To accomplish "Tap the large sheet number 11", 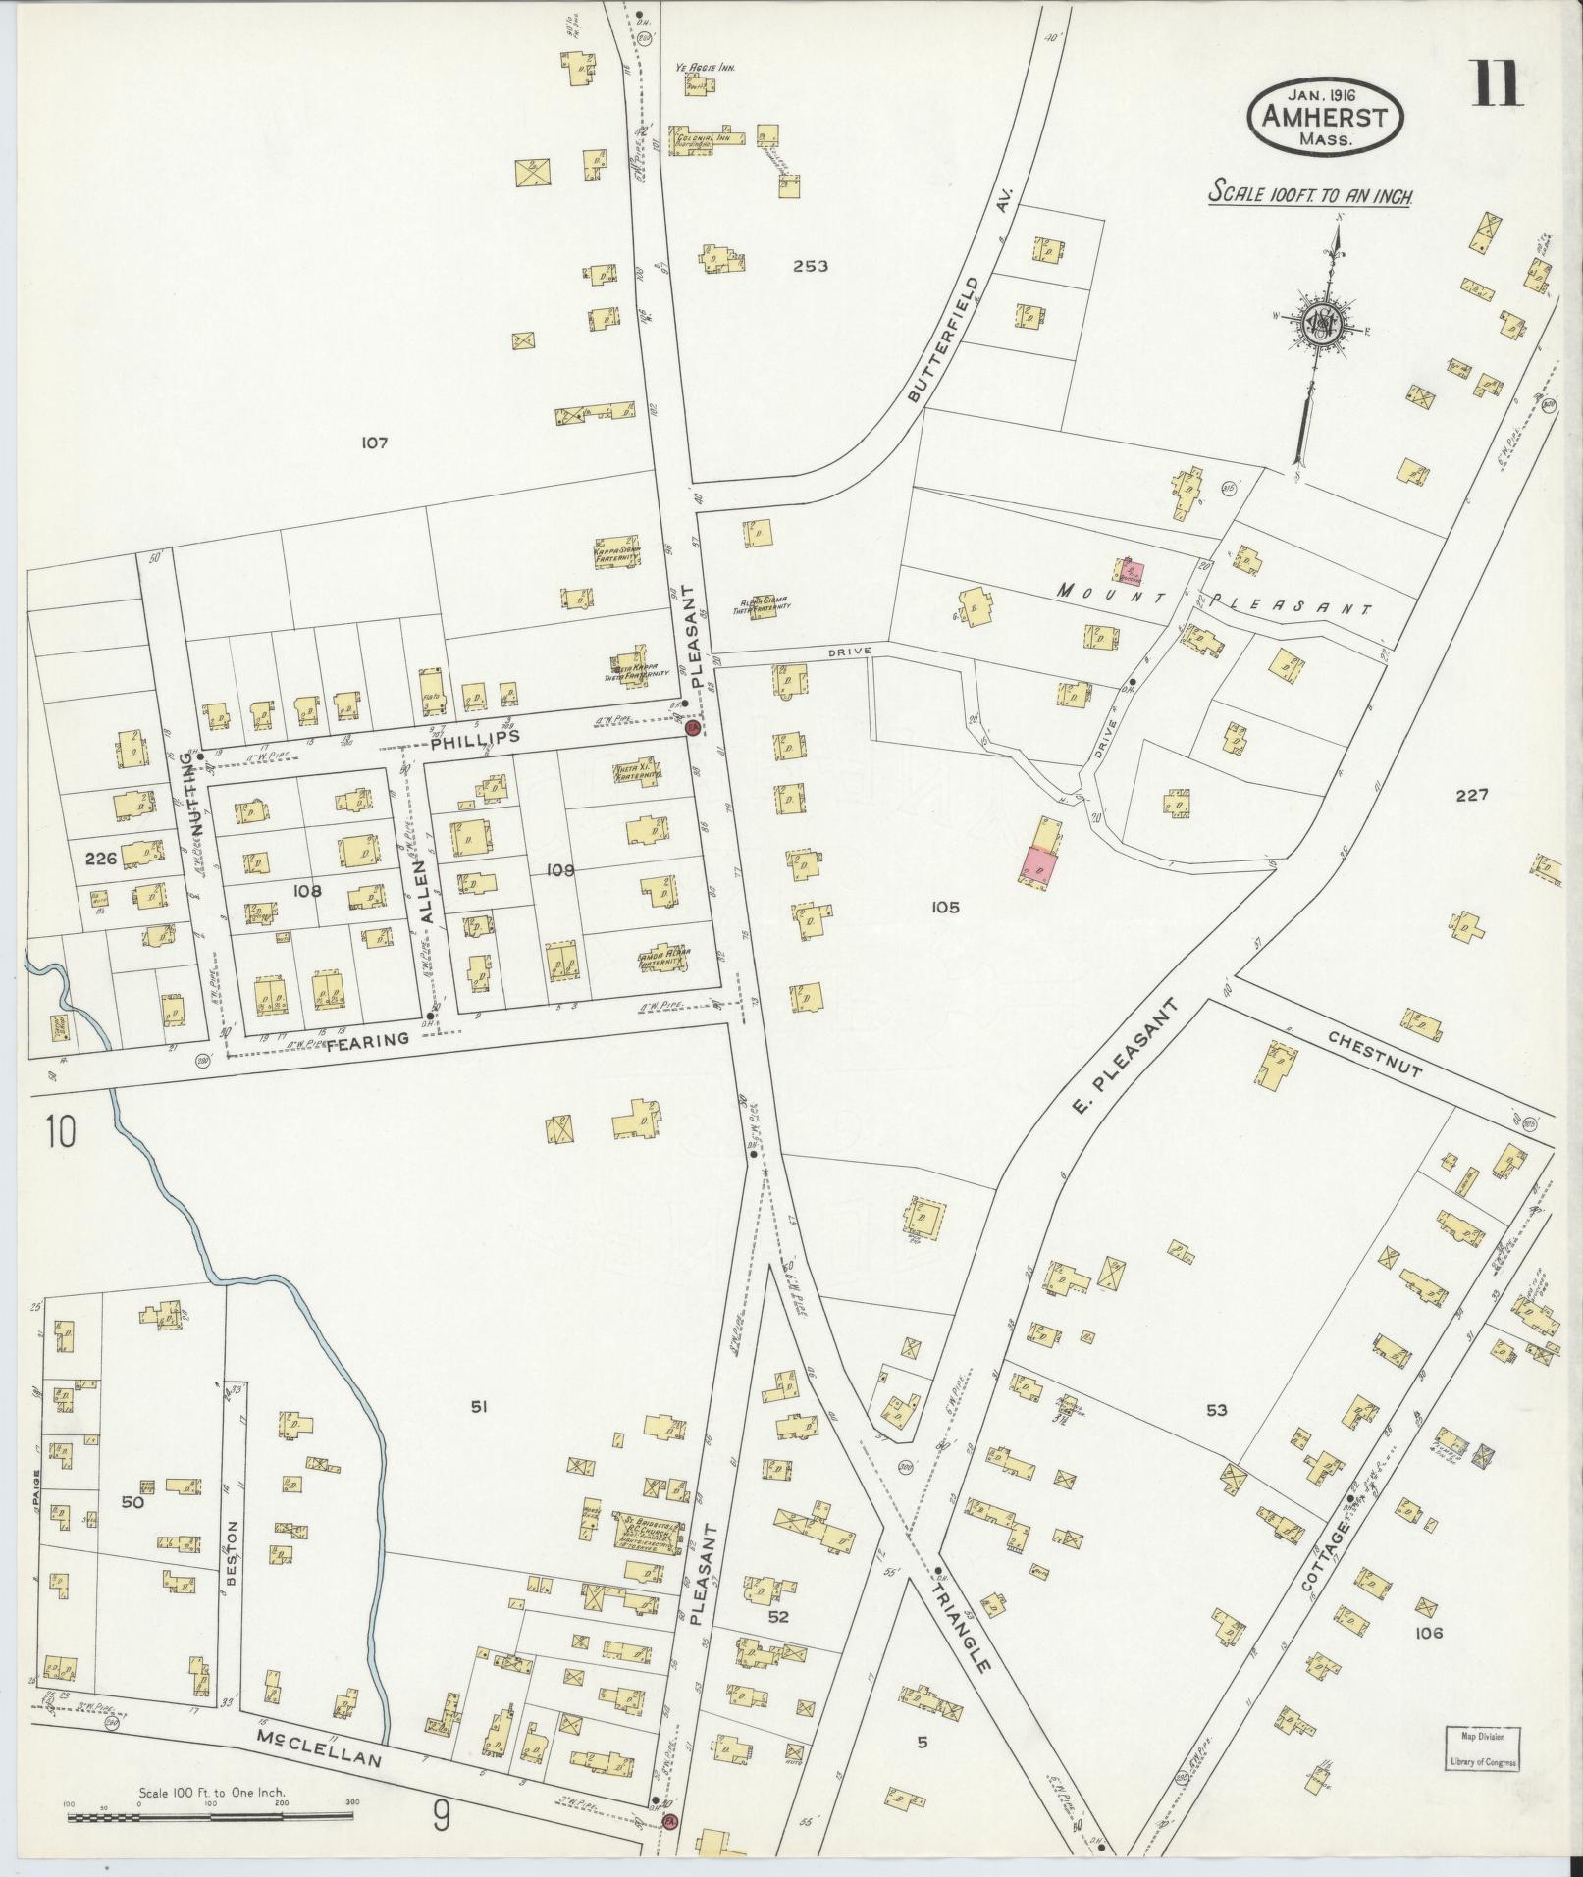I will point(1497,82).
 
